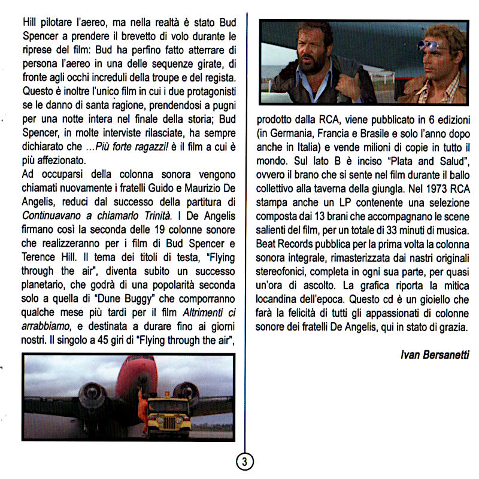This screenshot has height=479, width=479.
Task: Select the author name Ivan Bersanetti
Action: tap(435, 355)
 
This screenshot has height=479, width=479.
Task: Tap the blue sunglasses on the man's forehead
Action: tap(435, 45)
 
